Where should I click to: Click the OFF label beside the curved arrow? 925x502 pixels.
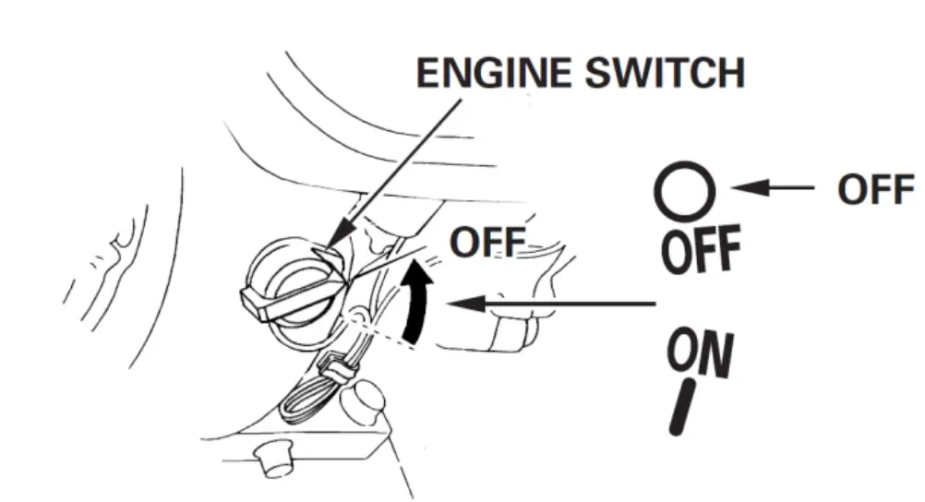pos(487,244)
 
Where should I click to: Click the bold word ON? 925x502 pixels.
pos(701,354)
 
